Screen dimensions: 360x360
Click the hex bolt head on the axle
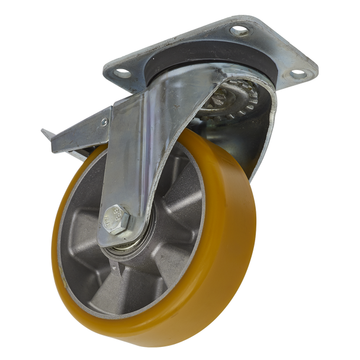tap(115, 217)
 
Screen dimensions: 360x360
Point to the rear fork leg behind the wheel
tap(263, 136)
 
